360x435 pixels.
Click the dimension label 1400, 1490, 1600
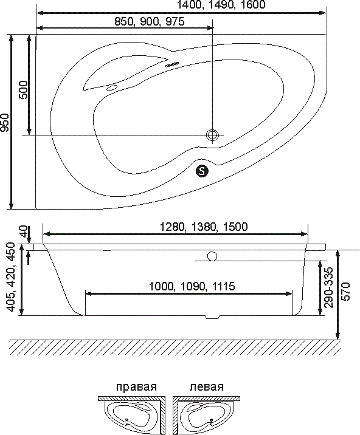point(221,5)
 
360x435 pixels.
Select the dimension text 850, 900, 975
point(150,21)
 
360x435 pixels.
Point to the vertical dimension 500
point(23,89)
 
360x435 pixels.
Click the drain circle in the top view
point(212,135)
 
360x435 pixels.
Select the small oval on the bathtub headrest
point(112,88)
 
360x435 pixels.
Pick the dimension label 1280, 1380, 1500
point(204,227)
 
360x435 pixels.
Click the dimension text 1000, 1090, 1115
point(192,286)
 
